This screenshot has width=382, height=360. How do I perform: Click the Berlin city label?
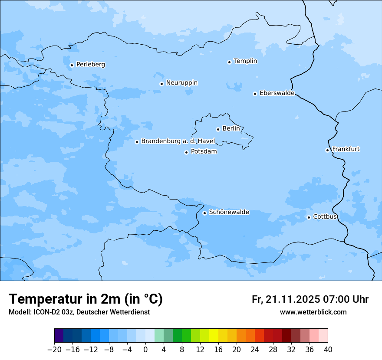(x=231, y=129)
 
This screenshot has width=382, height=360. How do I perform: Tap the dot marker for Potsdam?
(x=186, y=152)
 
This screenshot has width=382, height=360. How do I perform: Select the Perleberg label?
(x=90, y=65)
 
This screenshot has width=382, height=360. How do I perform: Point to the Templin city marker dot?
(x=229, y=62)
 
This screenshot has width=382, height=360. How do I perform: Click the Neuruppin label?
(x=181, y=83)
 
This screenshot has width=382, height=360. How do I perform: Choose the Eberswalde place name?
(x=277, y=93)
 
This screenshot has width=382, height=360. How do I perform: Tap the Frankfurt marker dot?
(x=327, y=150)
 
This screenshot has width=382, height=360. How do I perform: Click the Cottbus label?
(x=325, y=216)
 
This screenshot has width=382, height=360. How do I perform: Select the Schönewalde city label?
(x=229, y=212)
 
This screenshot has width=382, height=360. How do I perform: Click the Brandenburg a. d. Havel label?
(x=178, y=141)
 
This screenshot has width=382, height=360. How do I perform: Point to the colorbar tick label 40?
(x=328, y=350)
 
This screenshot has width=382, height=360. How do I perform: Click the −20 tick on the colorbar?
(x=54, y=350)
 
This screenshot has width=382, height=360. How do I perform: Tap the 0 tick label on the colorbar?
(x=145, y=350)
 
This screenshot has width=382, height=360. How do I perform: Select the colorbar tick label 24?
(x=255, y=350)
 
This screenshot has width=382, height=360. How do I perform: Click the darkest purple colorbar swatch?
(x=59, y=336)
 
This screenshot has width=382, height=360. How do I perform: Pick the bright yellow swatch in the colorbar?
(x=214, y=336)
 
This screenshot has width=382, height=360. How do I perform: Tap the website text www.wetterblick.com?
(x=313, y=312)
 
